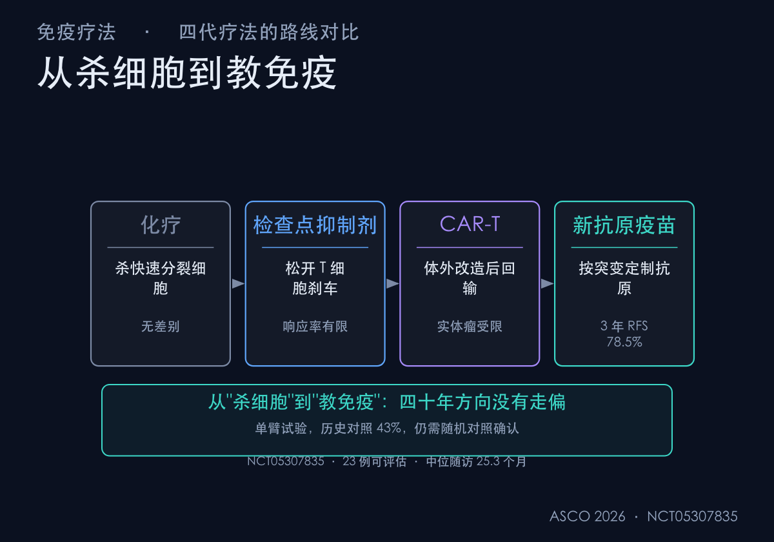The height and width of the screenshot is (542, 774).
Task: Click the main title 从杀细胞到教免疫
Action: click(x=187, y=73)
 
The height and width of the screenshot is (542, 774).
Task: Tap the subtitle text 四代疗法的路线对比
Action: click(x=269, y=32)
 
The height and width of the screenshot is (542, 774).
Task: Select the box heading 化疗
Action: click(x=161, y=225)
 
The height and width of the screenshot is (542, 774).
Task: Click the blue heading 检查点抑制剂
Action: click(x=315, y=225)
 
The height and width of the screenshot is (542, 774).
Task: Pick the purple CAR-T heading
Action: click(x=470, y=224)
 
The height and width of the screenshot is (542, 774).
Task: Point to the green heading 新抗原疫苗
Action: click(x=624, y=225)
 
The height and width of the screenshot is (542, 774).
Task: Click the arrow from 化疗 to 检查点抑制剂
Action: click(x=238, y=283)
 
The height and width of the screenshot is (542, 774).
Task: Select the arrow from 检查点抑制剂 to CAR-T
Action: click(x=393, y=283)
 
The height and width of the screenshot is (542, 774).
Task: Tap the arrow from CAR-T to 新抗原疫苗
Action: click(x=547, y=283)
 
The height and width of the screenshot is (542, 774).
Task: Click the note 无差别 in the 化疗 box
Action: click(x=161, y=326)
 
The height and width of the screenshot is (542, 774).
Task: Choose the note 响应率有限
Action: click(x=315, y=326)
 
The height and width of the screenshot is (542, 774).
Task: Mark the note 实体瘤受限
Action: click(x=470, y=326)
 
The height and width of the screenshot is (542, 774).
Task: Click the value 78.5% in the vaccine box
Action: click(x=624, y=342)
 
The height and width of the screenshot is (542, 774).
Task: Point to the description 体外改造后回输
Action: click(x=470, y=278)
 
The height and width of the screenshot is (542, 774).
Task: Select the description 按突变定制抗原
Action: click(x=624, y=278)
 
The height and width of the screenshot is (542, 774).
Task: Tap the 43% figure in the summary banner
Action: click(x=389, y=428)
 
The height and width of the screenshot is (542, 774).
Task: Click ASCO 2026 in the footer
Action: click(x=588, y=516)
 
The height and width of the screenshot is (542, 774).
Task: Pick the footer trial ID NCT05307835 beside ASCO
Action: click(x=692, y=516)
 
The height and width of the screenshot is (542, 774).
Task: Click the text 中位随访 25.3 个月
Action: click(x=476, y=461)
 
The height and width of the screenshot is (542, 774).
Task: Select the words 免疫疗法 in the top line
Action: click(x=76, y=32)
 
